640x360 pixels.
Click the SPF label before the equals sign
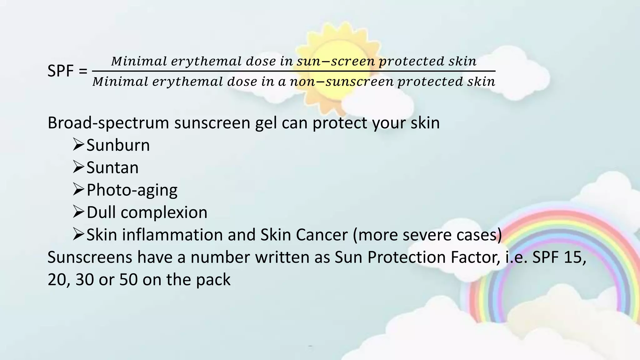[61, 71]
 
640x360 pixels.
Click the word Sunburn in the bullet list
[118, 145]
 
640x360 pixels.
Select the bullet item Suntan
[112, 168]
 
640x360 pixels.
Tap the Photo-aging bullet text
[132, 190]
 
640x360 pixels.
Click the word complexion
[164, 212]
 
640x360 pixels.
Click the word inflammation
[172, 235]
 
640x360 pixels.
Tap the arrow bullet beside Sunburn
[78, 145]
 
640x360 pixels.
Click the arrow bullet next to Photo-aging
[78, 190]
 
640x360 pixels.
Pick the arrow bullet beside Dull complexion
[78, 212]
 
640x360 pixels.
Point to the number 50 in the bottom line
[128, 280]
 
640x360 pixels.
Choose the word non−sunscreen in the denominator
[342, 82]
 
